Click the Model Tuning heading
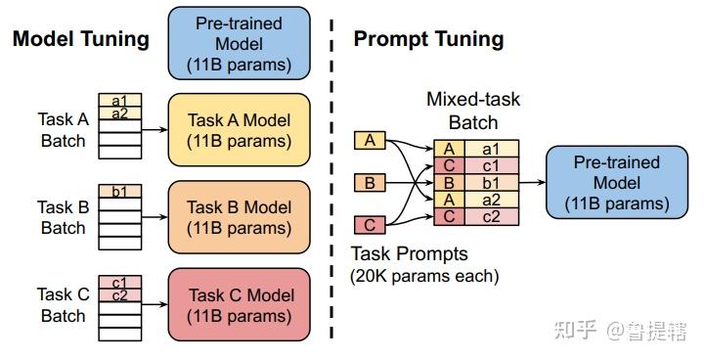click(80, 39)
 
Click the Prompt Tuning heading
click(428, 39)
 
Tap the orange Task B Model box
click(239, 216)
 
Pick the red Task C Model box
click(239, 304)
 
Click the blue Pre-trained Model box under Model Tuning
click(239, 42)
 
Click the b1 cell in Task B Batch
click(119, 191)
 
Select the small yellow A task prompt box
click(370, 141)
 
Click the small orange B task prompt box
click(370, 182)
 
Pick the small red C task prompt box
click(370, 225)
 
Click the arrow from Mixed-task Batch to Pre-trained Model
click(530, 182)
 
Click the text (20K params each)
click(424, 276)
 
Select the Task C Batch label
click(63, 304)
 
